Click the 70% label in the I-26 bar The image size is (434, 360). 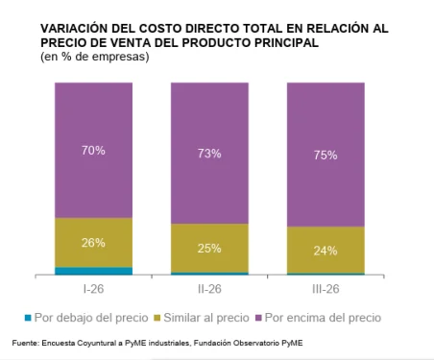pyautogui.click(x=93, y=151)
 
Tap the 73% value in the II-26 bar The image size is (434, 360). pyautogui.click(x=209, y=154)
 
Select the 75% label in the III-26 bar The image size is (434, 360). pyautogui.click(x=325, y=156)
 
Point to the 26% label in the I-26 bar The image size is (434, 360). pyautogui.click(x=93, y=243)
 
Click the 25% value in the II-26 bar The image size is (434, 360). pyautogui.click(x=209, y=249)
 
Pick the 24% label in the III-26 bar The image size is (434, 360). pyautogui.click(x=325, y=251)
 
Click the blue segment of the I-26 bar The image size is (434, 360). pyautogui.click(x=93, y=271)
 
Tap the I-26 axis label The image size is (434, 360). pyautogui.click(x=93, y=289)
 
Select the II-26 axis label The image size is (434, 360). pyautogui.click(x=209, y=289)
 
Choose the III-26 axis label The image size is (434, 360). pyautogui.click(x=325, y=289)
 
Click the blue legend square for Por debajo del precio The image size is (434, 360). pyautogui.click(x=28, y=318)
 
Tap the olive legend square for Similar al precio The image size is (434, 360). pyautogui.click(x=157, y=318)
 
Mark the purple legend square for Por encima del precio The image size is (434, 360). pyautogui.click(x=258, y=318)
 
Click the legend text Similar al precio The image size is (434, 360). pyautogui.click(x=206, y=318)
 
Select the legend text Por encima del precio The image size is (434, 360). pyautogui.click(x=324, y=318)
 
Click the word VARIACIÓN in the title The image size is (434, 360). pyautogui.click(x=74, y=28)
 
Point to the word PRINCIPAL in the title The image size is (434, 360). pyautogui.click(x=286, y=42)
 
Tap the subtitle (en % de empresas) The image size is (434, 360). pyautogui.click(x=95, y=57)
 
